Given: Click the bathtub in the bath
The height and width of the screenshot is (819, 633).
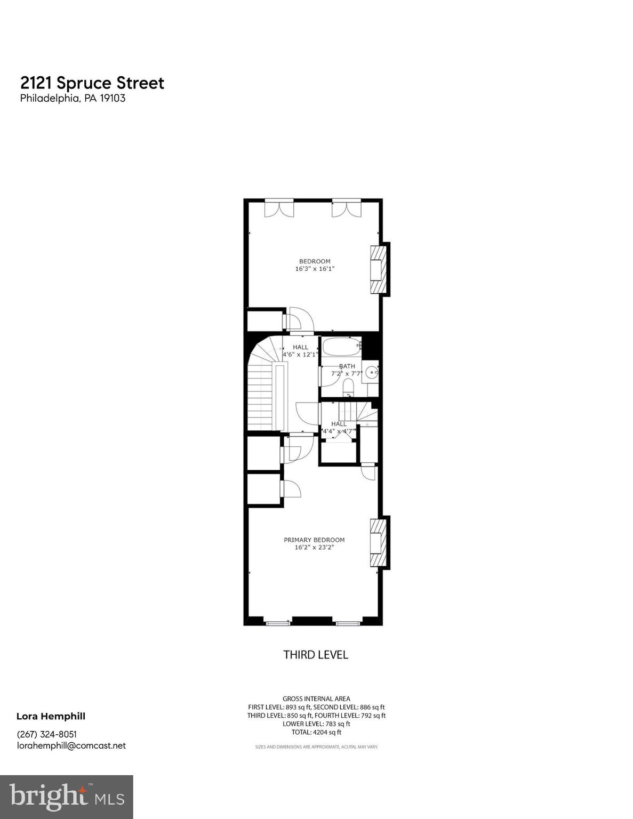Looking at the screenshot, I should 340,347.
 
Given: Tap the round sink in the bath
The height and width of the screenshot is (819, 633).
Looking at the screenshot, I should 372,373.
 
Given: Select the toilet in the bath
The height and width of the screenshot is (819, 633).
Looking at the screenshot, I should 348,387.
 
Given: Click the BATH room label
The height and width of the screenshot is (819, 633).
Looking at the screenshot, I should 347,366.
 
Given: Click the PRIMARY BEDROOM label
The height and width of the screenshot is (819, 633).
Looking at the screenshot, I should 314,540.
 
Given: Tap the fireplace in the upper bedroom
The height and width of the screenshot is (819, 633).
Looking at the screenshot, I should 378,269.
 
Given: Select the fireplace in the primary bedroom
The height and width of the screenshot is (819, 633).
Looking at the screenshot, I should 378,543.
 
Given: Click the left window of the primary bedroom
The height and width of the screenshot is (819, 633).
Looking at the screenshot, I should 278,622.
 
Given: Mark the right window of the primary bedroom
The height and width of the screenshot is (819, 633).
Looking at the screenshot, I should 348,622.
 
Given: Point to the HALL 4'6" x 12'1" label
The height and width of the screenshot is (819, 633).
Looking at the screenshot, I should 300,351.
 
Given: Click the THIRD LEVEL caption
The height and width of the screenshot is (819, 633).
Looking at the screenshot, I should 315,655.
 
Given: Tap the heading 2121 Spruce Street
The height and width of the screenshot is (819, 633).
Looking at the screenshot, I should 92,83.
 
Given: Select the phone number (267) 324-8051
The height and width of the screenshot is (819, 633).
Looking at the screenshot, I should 47,734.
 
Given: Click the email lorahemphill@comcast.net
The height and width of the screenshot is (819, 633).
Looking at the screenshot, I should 71,745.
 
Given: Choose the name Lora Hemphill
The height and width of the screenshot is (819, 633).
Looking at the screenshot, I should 51,716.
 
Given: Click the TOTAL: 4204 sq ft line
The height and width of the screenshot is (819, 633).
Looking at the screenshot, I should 316,733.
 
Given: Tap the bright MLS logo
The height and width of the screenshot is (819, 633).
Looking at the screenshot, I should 66,797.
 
